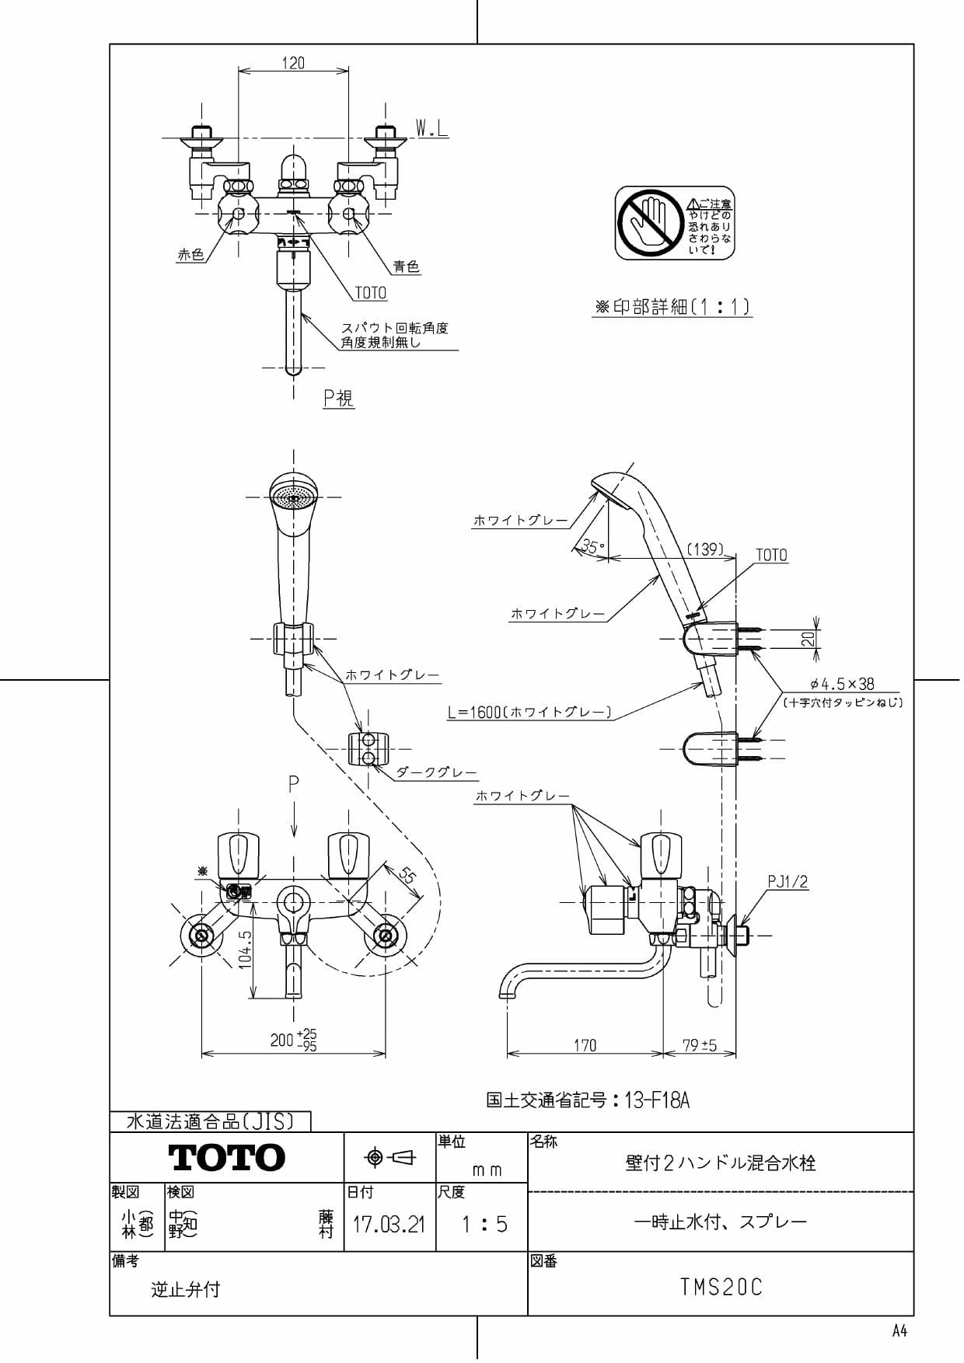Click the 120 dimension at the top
(x=293, y=63)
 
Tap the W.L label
(x=431, y=128)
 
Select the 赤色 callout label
(x=190, y=255)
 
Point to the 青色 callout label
(x=406, y=267)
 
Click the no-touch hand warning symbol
(x=649, y=223)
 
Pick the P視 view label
(x=338, y=398)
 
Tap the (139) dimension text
(x=704, y=549)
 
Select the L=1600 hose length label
(x=530, y=712)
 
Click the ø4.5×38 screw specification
(x=842, y=685)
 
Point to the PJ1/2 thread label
(x=788, y=882)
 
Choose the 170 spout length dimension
(x=585, y=1045)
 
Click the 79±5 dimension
(x=700, y=1045)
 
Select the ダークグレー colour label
(x=436, y=772)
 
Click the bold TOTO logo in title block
(x=227, y=1158)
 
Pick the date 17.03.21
(x=389, y=1225)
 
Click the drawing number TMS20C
(x=721, y=1288)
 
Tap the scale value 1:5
(x=484, y=1225)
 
